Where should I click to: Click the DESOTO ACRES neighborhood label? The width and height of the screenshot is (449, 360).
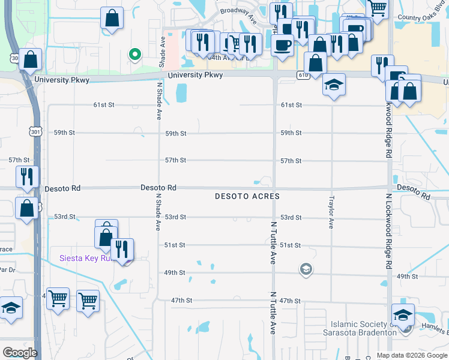247,197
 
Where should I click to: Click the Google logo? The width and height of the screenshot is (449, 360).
20,352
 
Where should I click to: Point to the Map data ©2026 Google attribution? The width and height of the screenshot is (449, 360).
412,355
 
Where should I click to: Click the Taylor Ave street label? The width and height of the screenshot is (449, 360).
331,212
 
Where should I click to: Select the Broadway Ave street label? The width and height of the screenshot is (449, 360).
238,14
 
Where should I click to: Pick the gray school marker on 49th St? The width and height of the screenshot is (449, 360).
306,269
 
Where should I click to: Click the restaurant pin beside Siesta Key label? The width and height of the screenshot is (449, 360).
122,250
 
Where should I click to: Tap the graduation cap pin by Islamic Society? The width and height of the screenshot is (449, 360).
403,315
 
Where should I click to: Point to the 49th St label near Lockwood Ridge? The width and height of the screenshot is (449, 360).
406,277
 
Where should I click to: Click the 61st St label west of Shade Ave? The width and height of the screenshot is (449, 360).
103,105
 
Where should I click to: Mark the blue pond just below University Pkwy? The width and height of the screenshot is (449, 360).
181,92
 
